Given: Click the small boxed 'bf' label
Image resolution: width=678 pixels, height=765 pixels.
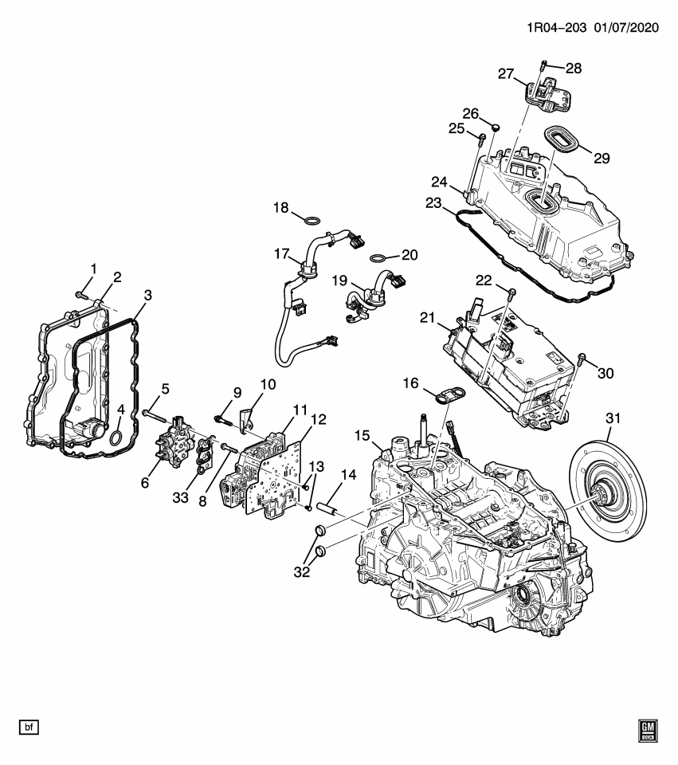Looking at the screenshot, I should (29, 727).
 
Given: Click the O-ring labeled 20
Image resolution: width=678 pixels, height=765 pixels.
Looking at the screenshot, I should (380, 259).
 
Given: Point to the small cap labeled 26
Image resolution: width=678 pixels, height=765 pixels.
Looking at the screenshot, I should (494, 126).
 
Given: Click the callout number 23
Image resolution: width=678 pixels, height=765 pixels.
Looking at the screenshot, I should (432, 203).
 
